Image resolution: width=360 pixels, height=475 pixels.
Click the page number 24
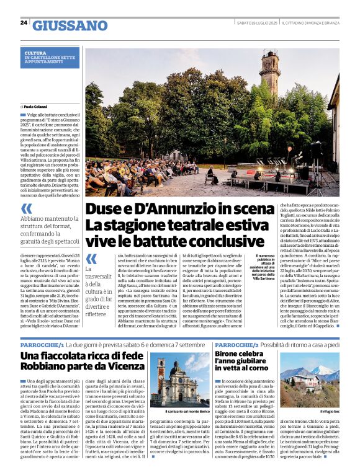(x=24, y=23)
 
